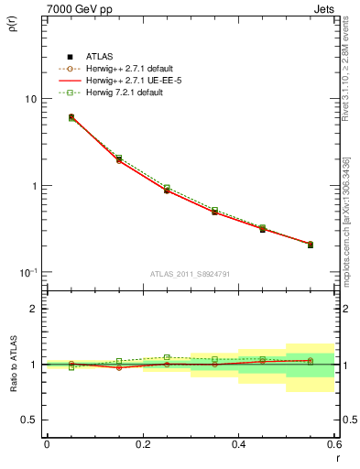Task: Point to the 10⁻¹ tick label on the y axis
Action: click(27, 272)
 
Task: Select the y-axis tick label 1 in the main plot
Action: click(35, 186)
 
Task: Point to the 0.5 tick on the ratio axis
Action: click(29, 420)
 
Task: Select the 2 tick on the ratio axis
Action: click(34, 309)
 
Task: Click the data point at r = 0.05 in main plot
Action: click(71, 117)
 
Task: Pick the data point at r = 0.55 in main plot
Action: click(310, 245)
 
